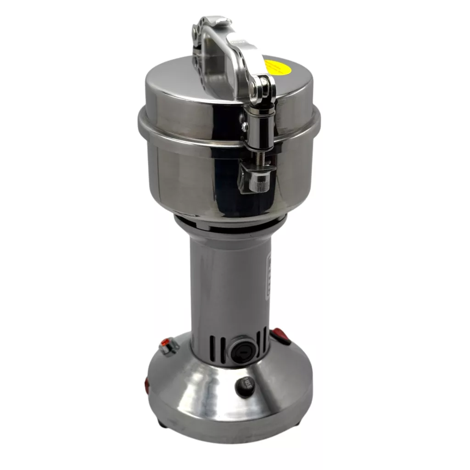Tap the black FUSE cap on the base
pos(246,386)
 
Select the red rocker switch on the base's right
pos(280,336)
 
